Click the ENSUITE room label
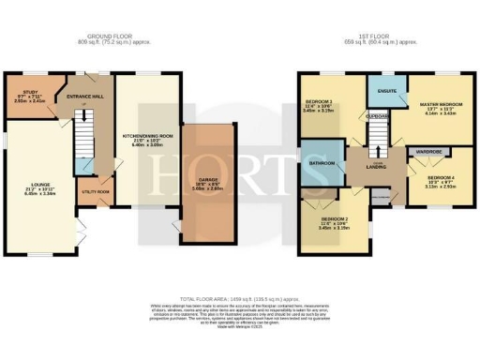click(x=382, y=91)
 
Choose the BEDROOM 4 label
click(x=440, y=177)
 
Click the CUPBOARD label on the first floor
click(x=378, y=117)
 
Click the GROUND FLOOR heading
click(x=106, y=38)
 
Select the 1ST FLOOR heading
click(x=372, y=38)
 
